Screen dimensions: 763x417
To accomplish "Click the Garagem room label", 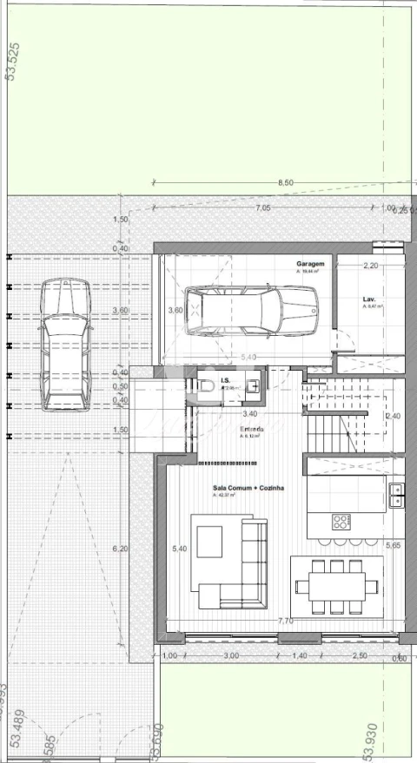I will (x=309, y=263).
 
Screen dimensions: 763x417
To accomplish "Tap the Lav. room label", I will (x=368, y=299).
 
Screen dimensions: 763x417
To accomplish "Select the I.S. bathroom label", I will (x=225, y=380).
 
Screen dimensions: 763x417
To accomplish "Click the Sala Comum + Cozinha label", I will (x=248, y=488).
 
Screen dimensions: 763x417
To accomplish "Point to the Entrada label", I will (x=253, y=429).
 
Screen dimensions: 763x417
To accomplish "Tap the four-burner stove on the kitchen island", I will (x=341, y=521).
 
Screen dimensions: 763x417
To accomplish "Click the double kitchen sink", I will (x=396, y=494).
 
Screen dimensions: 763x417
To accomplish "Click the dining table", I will (x=336, y=586).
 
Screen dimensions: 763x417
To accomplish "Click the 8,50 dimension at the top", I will (x=286, y=183).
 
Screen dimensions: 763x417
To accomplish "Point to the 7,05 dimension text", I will (x=262, y=208).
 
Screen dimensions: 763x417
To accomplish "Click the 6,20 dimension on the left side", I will (x=120, y=549).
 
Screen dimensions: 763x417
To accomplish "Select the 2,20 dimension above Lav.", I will (x=370, y=266).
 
